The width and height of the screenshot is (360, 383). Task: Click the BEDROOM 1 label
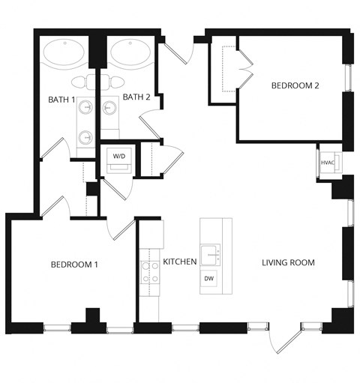pos(74,265)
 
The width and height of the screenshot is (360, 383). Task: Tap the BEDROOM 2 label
pos(295,86)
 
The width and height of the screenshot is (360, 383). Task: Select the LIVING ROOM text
pos(288,263)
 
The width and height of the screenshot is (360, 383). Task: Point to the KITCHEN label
pos(180,262)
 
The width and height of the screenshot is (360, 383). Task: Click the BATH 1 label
pos(62,100)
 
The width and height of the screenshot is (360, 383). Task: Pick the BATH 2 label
pos(136,97)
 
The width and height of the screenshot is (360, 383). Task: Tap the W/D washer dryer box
pos(119,156)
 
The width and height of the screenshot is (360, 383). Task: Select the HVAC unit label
pos(328,162)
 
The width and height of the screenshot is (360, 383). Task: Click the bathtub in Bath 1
pos(64,53)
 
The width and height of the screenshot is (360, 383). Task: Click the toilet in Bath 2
pos(118,81)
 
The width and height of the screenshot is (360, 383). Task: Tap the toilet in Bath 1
pos(81,82)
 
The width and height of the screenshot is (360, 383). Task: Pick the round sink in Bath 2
pos(110,109)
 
